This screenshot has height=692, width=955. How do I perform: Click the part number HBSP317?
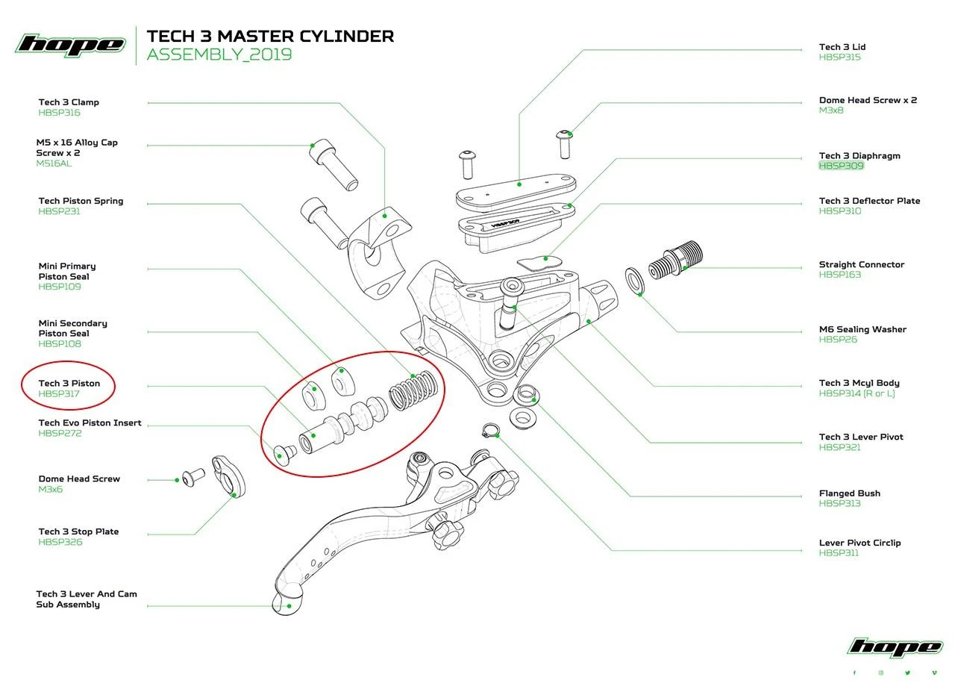(59, 394)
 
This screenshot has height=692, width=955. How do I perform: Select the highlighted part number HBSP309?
(841, 166)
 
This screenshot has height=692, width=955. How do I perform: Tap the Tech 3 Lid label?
(842, 47)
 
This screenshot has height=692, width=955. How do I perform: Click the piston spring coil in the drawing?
(413, 390)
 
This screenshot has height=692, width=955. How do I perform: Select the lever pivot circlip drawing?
(489, 431)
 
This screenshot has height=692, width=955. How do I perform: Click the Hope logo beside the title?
(70, 44)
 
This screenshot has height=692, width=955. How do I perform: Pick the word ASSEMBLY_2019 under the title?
(219, 54)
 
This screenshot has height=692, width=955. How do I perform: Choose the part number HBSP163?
(840, 275)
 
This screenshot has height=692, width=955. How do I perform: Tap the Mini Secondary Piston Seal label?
(73, 328)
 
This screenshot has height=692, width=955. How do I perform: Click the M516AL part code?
(54, 163)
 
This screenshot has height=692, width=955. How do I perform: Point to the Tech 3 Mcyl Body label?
(859, 383)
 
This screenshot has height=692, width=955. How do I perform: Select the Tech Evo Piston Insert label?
(90, 423)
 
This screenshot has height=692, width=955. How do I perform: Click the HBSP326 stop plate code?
(60, 542)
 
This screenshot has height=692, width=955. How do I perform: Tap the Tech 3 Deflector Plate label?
(869, 201)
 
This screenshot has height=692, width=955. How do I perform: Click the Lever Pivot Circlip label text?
(859, 543)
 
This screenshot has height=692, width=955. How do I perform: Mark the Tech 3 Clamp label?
(69, 102)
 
